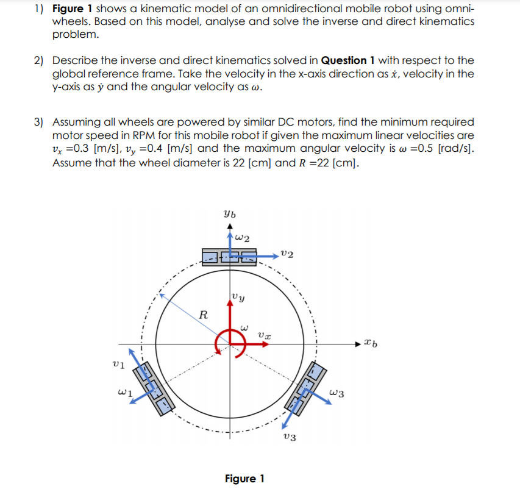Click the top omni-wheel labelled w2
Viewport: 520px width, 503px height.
(230, 256)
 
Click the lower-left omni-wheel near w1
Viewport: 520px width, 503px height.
(152, 389)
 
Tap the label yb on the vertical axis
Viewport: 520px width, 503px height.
(229, 215)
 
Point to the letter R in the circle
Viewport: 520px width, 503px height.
(204, 315)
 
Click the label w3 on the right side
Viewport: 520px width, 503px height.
(337, 393)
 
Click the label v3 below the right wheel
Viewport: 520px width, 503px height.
(290, 438)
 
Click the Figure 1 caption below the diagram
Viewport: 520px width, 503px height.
(244, 479)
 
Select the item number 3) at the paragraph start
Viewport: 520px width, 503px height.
(38, 122)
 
